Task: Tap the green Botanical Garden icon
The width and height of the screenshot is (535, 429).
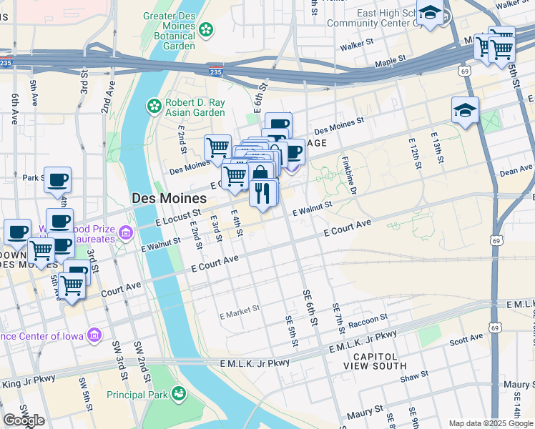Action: pos(206,29)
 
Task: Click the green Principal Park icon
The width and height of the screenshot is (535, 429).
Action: pos(178,394)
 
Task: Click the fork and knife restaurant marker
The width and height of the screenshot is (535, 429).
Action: pos(263,192)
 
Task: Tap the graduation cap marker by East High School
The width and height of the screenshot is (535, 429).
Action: pos(430,13)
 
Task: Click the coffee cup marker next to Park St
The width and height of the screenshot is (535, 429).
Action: pos(57,179)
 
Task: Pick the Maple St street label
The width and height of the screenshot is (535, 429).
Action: pos(390,63)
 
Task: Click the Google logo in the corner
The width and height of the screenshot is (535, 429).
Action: pos(24,420)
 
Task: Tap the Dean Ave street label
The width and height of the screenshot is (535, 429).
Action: pos(516,171)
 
